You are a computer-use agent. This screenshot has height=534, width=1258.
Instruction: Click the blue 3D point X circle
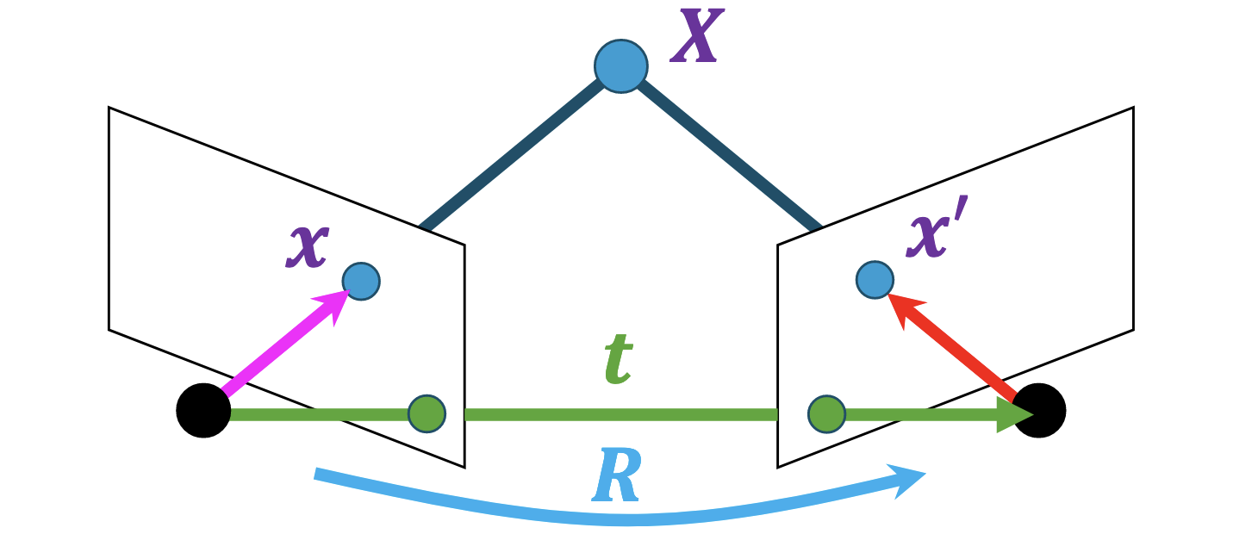pyautogui.click(x=620, y=66)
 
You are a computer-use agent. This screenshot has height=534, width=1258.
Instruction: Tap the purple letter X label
pyautogui.click(x=696, y=40)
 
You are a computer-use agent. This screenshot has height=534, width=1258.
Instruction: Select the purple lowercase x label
pyautogui.click(x=308, y=247)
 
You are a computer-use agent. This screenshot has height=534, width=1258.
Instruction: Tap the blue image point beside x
pyautogui.click(x=361, y=281)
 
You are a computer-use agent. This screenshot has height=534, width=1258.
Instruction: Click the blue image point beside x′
pyautogui.click(x=875, y=279)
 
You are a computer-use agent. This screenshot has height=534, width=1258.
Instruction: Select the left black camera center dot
pyautogui.click(x=203, y=411)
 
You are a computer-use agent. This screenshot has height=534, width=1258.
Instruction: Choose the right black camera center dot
pyautogui.click(x=1040, y=411)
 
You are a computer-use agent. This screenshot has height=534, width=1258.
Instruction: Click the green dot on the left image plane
pyautogui.click(x=427, y=413)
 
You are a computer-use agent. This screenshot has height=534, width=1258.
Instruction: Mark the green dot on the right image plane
pyautogui.click(x=826, y=413)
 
